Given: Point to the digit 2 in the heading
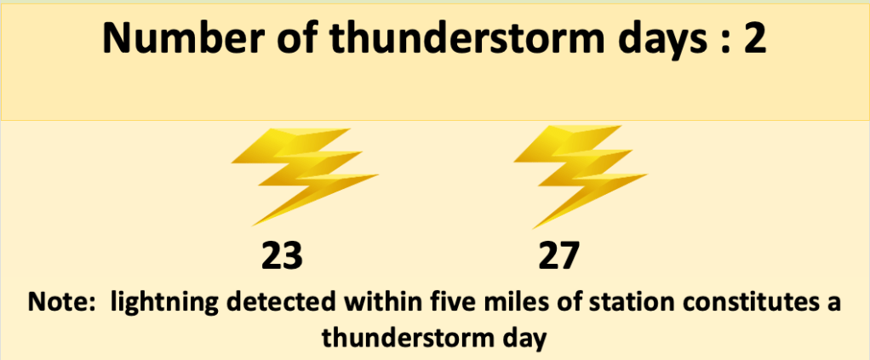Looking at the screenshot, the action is [753, 38].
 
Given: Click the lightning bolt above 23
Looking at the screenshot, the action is [305, 176].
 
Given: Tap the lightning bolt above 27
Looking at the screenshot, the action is [581, 176].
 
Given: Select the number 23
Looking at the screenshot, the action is [282, 256].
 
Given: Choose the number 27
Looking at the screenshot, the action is [558, 256].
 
